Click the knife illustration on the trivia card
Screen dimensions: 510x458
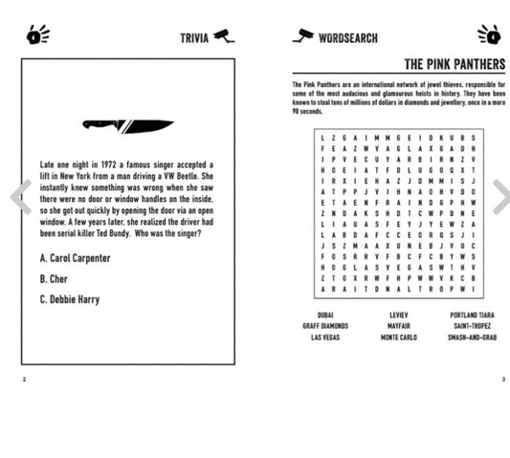(127, 124)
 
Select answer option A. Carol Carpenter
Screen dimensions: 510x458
(76, 258)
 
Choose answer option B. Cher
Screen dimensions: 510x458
(54, 279)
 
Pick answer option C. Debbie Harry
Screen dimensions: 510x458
(70, 299)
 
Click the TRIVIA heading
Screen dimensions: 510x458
(194, 38)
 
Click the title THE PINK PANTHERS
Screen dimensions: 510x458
(454, 65)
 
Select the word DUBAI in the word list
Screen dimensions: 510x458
(325, 314)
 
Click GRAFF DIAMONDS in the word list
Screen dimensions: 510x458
(325, 325)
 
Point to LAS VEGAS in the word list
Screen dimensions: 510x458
(325, 337)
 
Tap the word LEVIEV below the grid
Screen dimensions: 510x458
(398, 314)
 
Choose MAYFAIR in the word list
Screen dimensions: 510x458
(398, 325)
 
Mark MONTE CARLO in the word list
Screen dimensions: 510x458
(398, 337)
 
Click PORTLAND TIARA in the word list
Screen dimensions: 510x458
(472, 314)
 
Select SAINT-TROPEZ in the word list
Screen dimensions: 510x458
(472, 325)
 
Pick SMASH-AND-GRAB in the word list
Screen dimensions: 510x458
(472, 337)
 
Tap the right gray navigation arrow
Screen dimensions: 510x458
(499, 197)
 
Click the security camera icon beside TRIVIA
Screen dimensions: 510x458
(224, 36)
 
